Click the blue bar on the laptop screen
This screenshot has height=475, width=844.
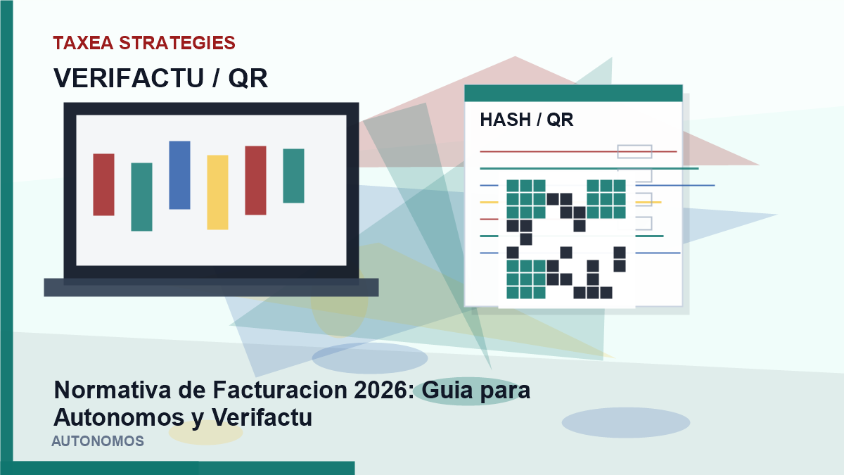(180, 175)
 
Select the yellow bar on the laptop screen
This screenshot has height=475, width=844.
(217, 192)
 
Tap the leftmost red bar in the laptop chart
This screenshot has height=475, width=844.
(103, 184)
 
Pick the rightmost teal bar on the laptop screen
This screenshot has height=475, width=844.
(293, 176)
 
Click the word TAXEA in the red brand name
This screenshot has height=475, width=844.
(83, 43)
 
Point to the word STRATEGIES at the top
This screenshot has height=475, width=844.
(177, 43)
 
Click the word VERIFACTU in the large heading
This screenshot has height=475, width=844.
(129, 78)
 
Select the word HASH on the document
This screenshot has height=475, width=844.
(505, 120)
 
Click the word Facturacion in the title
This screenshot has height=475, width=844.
(280, 390)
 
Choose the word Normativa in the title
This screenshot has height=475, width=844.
(113, 390)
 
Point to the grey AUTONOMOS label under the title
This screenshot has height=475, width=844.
(98, 441)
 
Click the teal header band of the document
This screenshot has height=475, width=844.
(573, 93)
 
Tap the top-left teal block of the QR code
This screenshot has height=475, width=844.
(526, 199)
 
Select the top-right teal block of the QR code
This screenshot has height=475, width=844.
(606, 199)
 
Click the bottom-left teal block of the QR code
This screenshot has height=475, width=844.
(526, 279)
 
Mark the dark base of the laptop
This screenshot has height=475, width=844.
(212, 287)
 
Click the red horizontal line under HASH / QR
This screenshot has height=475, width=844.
(578, 151)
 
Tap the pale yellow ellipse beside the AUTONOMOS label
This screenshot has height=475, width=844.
(205, 432)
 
